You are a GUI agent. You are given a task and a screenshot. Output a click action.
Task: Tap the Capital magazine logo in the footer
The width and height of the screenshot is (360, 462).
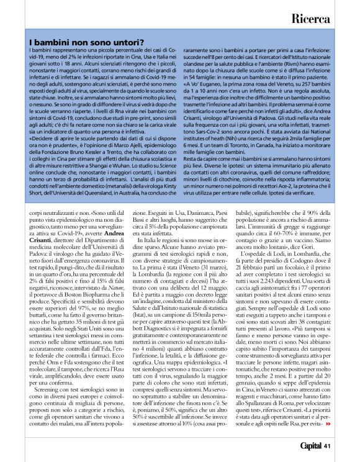point(307,445)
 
